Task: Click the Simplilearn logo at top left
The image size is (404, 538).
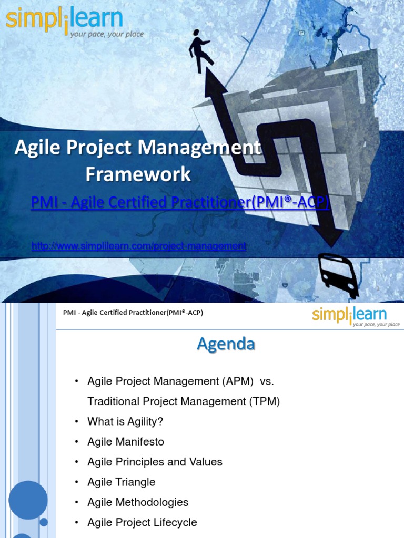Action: pos(64,21)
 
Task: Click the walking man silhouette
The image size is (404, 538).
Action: pos(200,49)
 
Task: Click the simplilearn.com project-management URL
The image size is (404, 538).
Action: pos(139,246)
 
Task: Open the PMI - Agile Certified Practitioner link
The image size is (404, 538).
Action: pos(180,202)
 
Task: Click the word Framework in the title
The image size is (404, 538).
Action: pos(138,174)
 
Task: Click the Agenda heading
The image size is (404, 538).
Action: pos(226,344)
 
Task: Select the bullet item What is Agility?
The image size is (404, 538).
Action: pos(126,421)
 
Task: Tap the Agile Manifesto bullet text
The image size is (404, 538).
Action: pos(126,442)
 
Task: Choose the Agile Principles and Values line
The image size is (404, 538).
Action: pos(155,462)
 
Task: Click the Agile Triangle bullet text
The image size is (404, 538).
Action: pos(121,482)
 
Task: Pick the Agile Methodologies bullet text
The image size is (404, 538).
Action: pos(138,502)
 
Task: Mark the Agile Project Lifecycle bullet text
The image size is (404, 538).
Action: pos(142,522)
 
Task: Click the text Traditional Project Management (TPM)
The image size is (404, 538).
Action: pos(184,401)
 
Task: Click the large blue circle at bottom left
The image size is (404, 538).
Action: pos(28,500)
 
